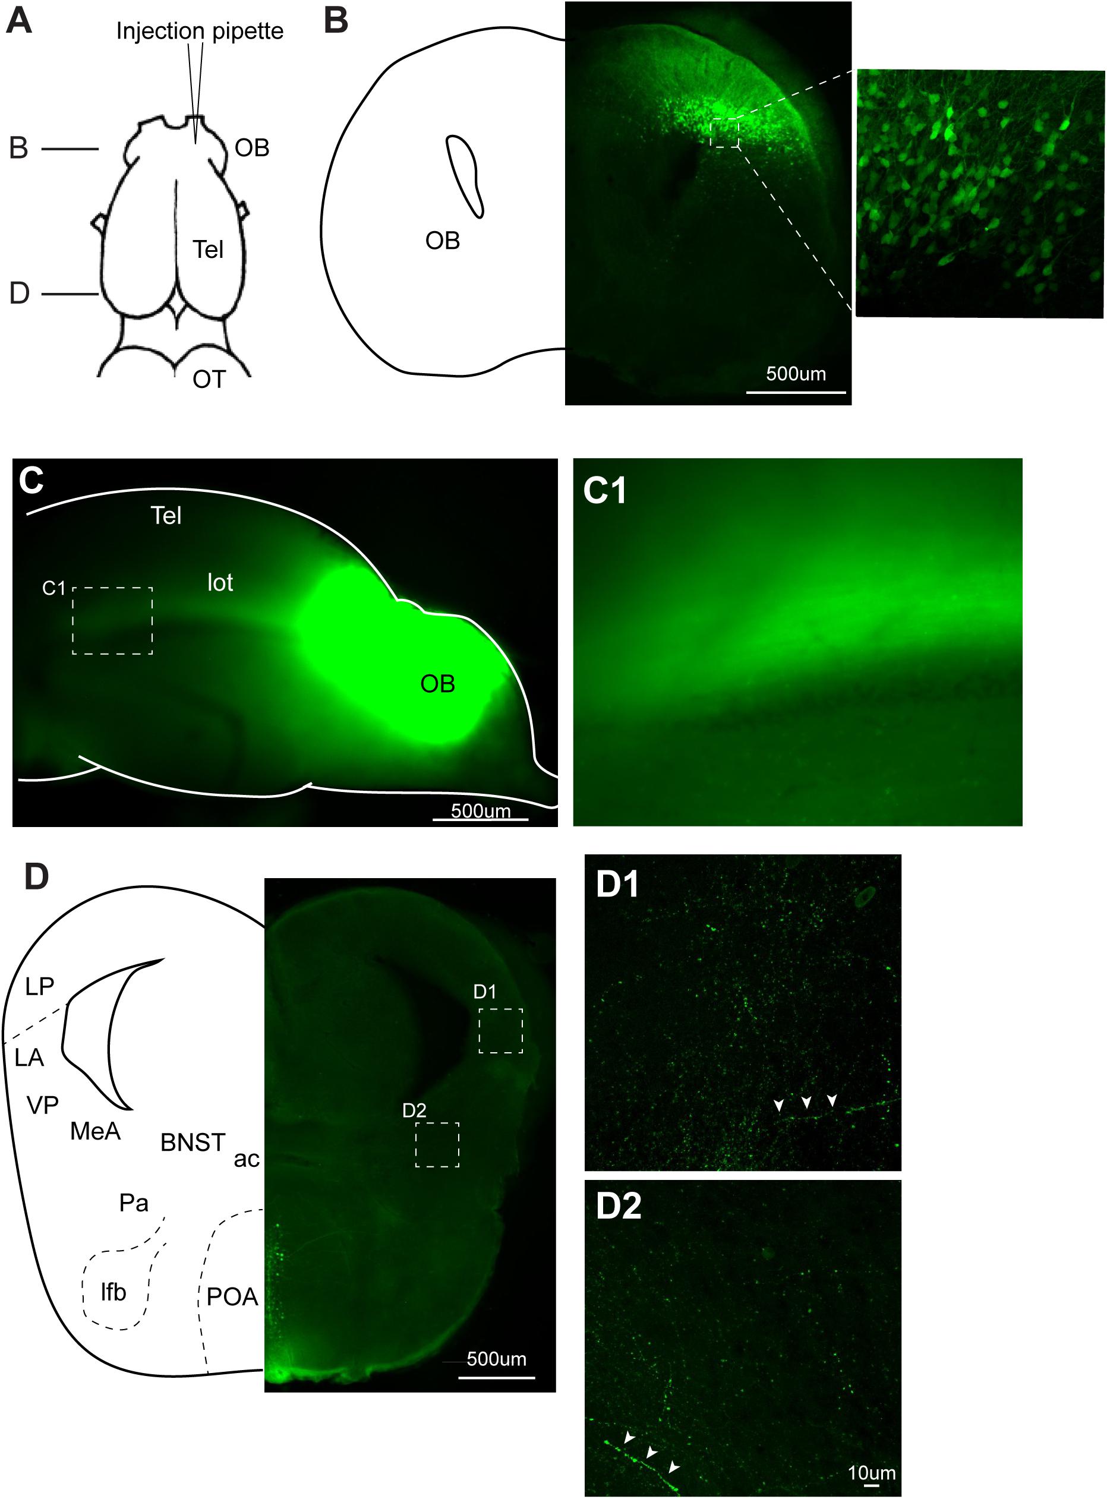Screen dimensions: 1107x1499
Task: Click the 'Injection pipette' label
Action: click(x=200, y=31)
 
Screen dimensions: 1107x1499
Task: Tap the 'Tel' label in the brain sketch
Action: click(x=208, y=250)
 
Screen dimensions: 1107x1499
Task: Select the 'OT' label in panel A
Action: click(x=209, y=379)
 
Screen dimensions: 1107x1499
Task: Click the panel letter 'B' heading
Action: click(x=336, y=21)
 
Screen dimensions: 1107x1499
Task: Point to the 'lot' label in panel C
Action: click(x=220, y=582)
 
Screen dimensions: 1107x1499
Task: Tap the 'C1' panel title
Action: click(x=605, y=491)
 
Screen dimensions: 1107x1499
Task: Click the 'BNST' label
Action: click(x=193, y=1143)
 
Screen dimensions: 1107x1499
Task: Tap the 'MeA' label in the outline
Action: click(x=95, y=1131)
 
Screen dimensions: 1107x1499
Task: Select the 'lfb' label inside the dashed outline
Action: click(x=113, y=1291)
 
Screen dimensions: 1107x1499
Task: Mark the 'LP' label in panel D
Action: click(x=40, y=986)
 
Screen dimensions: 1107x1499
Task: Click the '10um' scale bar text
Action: click(x=872, y=1473)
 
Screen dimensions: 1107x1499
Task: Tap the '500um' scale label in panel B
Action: click(x=796, y=374)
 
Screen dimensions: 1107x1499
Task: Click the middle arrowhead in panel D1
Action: click(x=806, y=1102)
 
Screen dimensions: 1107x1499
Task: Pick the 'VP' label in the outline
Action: click(x=43, y=1104)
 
